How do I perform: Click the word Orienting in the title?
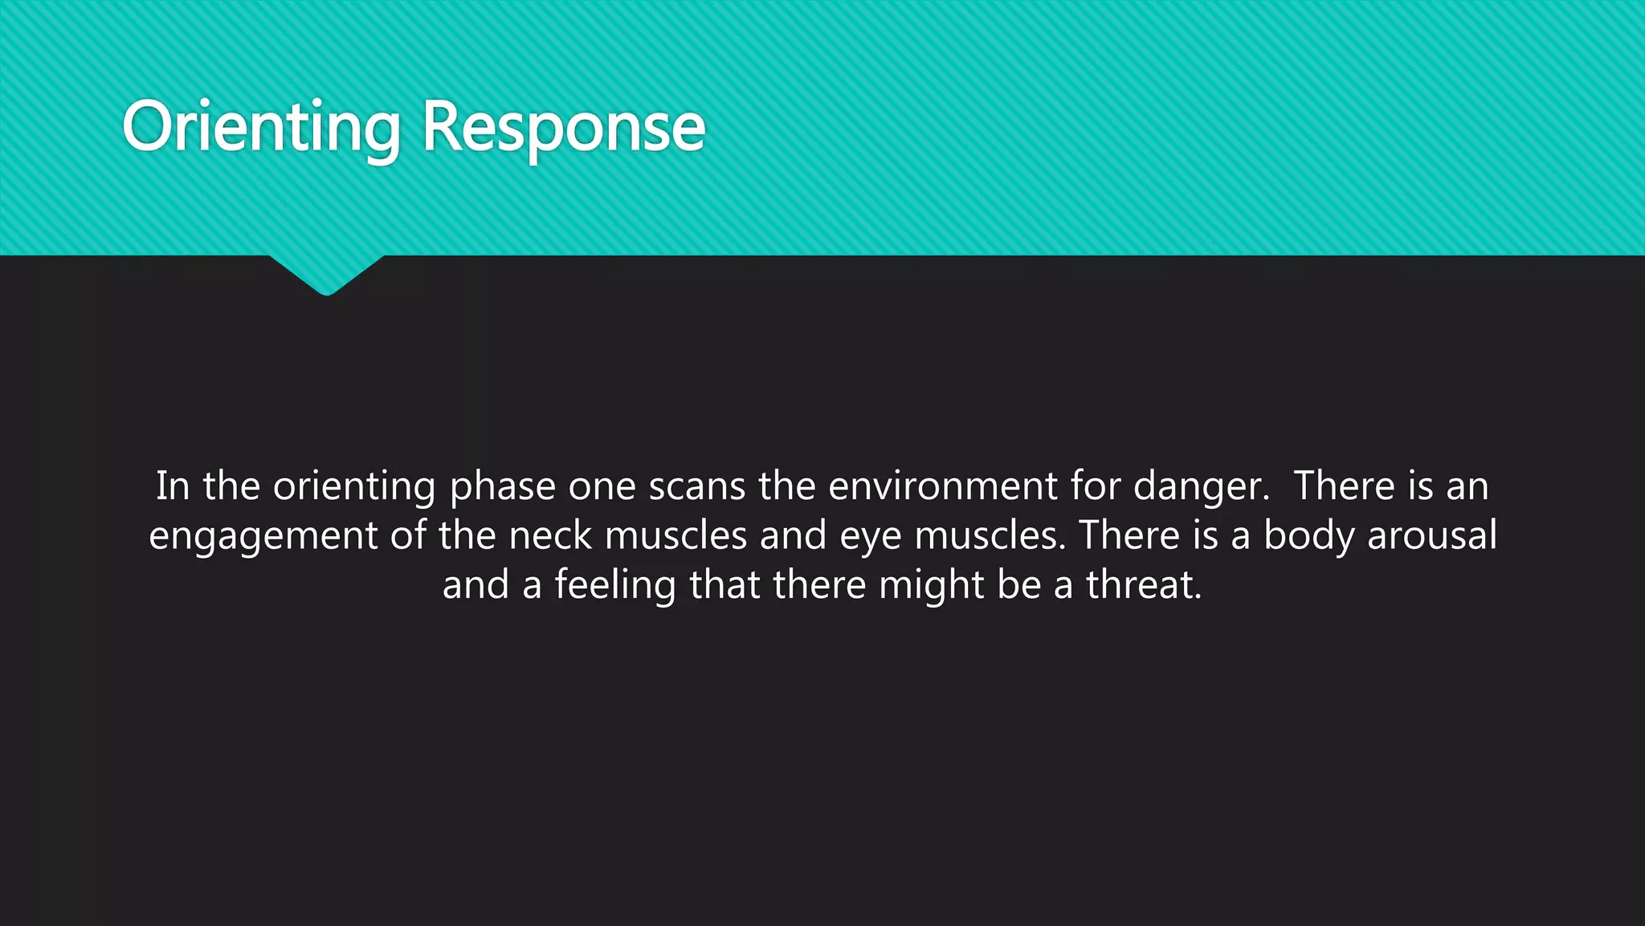point(261,128)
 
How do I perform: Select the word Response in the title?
point(563,128)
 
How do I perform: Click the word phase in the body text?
point(503,486)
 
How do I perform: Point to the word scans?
point(697,486)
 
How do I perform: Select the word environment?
point(943,486)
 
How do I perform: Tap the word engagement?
point(263,536)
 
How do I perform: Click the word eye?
point(871,537)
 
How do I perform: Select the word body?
point(1309,536)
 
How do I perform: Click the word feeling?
point(615,585)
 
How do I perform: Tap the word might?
point(932,585)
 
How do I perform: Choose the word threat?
point(1144,585)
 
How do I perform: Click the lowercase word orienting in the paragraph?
point(354,487)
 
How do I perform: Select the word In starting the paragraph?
point(173,486)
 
